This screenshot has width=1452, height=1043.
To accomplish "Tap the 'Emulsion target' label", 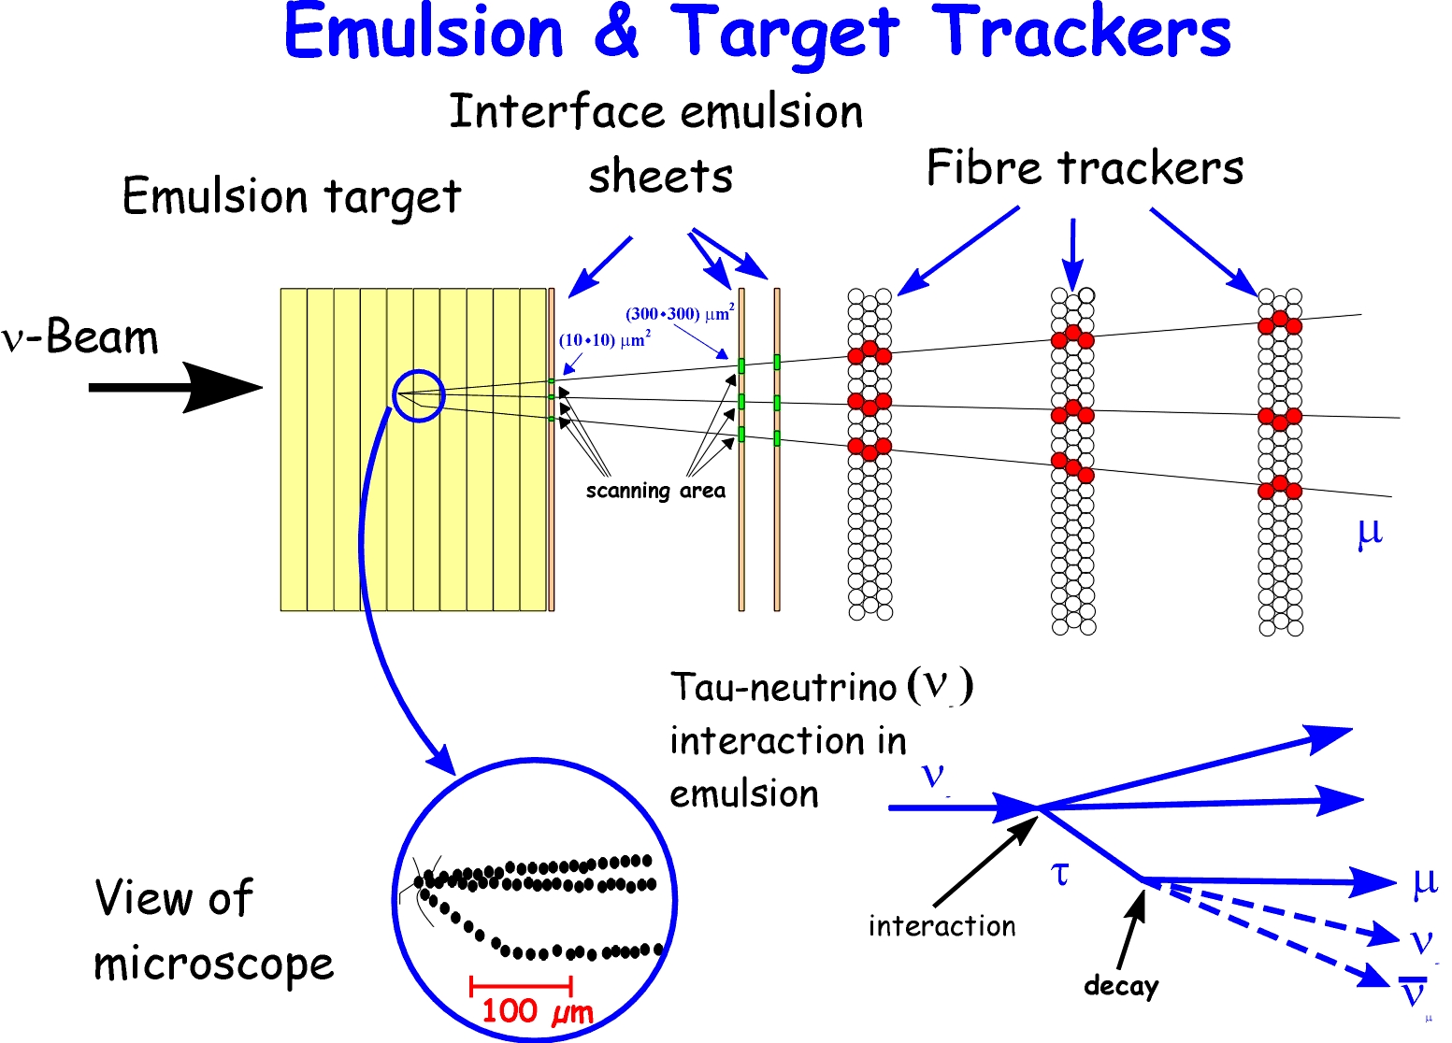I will pyautogui.click(x=292, y=197).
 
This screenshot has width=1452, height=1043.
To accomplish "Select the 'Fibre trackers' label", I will pyautogui.click(x=1085, y=169).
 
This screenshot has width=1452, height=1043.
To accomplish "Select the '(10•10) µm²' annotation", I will pyautogui.click(x=604, y=339).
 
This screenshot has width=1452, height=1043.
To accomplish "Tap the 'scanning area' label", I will pyautogui.click(x=655, y=491).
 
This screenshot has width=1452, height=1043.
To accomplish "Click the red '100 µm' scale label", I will pyautogui.click(x=537, y=1011).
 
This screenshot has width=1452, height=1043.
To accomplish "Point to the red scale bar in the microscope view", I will pyautogui.click(x=521, y=985).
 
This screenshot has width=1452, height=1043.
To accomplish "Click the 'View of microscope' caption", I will pyautogui.click(x=213, y=931).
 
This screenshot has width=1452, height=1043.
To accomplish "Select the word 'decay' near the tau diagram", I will pyautogui.click(x=1121, y=986).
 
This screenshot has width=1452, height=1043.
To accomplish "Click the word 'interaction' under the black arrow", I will pyautogui.click(x=942, y=926).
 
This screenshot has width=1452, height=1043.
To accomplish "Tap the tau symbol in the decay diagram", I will pyautogui.click(x=1059, y=874).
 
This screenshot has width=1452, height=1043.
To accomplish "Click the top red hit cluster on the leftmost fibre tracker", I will pyautogui.click(x=870, y=353).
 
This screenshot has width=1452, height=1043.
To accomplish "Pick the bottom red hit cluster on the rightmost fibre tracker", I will pyautogui.click(x=1280, y=488).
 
